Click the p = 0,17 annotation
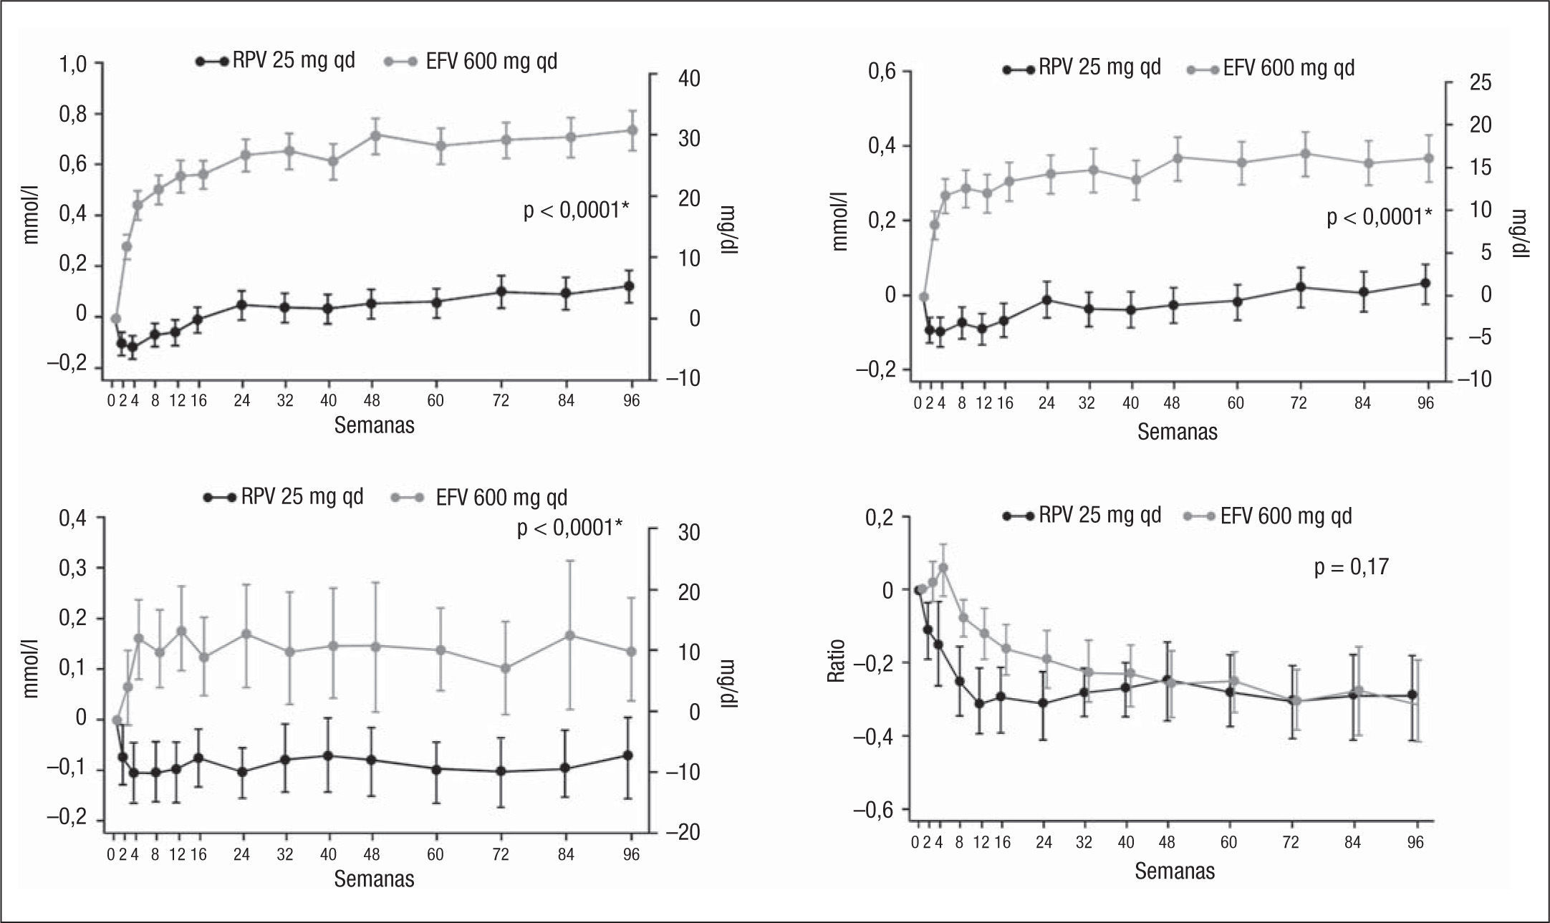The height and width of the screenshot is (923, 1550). point(1351,568)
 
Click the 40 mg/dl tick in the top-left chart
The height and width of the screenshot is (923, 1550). point(689,79)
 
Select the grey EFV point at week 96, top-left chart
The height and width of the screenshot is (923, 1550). point(632,130)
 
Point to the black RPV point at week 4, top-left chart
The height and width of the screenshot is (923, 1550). point(133,347)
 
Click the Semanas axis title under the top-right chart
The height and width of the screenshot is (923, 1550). point(1177,432)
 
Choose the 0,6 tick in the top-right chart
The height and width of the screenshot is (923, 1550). point(883,72)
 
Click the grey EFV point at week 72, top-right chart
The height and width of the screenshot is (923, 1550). point(1306,153)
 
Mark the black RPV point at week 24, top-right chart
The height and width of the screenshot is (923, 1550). point(1046,299)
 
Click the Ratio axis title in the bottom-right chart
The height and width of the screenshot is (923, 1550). point(837,660)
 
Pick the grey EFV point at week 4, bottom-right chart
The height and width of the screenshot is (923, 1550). point(943,568)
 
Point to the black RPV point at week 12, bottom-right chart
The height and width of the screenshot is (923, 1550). point(979,703)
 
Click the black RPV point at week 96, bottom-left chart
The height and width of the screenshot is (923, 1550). point(629,755)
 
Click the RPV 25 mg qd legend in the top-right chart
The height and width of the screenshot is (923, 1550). point(1099,67)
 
